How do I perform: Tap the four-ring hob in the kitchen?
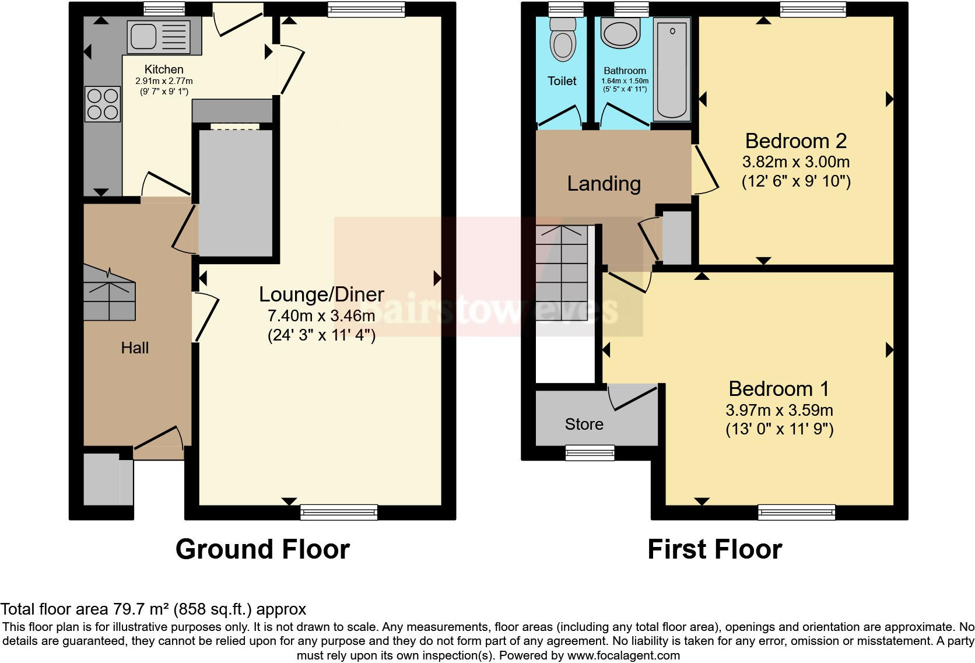tap(103, 104)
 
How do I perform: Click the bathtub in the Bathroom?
tap(672, 69)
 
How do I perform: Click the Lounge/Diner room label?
tap(321, 294)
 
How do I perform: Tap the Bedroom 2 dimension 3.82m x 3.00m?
tap(796, 162)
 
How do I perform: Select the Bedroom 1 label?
tap(778, 389)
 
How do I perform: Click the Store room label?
tap(584, 424)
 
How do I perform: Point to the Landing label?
tap(604, 184)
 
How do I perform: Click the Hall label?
tap(135, 348)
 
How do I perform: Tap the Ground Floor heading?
tap(262, 549)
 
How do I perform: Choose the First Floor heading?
tap(714, 549)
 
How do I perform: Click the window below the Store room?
tap(590, 452)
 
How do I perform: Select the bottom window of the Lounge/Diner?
tap(338, 513)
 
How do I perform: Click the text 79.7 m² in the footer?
tap(139, 609)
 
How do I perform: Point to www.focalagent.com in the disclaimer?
tap(623, 655)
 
